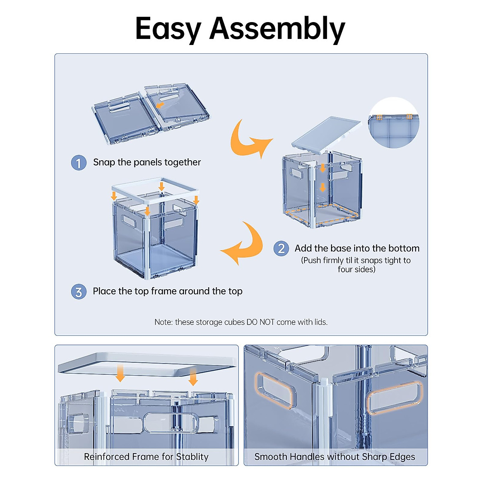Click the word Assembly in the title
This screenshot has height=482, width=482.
coord(277,29)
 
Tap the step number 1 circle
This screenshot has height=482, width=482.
coord(79,163)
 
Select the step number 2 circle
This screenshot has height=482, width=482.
coord(281,249)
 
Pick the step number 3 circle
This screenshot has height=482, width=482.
coord(79,292)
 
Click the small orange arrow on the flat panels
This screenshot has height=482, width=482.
coord(160,105)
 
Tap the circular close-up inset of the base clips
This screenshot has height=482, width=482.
coord(394,123)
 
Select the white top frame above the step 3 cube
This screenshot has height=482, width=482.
coord(155,189)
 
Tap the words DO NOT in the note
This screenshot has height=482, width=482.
coord(260,322)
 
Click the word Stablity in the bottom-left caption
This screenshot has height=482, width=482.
coord(192,457)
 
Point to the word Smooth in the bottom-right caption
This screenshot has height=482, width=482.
coord(270,457)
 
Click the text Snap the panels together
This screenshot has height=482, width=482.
coord(147,162)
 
